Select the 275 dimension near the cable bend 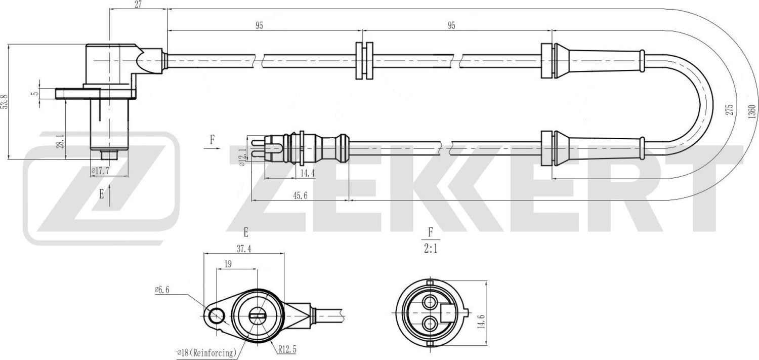729,110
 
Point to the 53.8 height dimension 5,102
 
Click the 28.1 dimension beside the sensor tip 60,141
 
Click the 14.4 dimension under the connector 307,173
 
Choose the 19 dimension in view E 228,264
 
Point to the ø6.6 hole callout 161,290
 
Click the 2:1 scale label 430,249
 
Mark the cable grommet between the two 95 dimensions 365,60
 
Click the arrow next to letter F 212,148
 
